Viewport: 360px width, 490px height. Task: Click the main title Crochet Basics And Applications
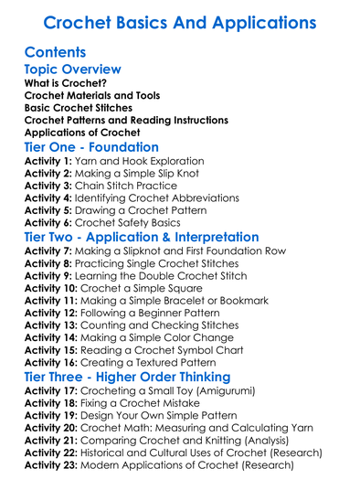click(180, 21)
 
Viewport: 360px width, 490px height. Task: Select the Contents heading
click(56, 52)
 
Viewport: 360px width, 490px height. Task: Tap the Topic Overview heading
click(72, 69)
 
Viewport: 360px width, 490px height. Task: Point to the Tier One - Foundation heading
click(91, 147)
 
